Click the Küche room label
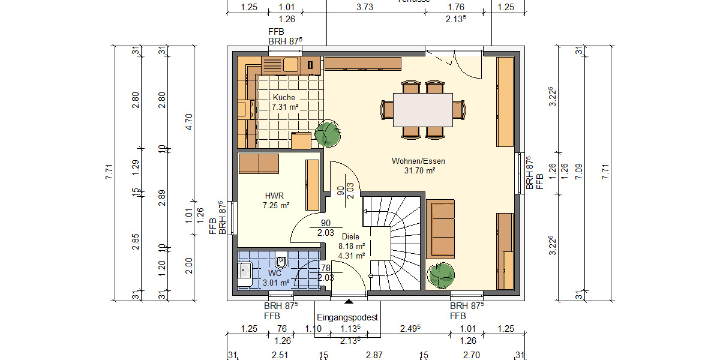[284, 97]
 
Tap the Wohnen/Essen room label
[418, 161]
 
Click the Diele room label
[351, 236]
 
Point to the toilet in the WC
[281, 262]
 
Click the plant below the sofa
[442, 275]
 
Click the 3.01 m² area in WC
[276, 282]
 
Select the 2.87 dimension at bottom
[374, 355]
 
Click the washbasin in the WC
[244, 271]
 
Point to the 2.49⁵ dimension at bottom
[410, 328]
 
